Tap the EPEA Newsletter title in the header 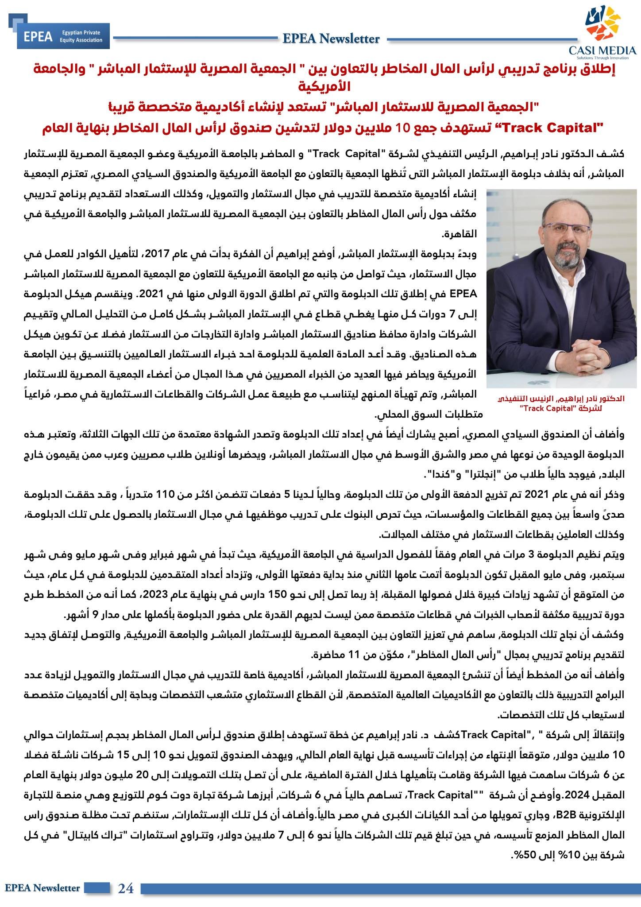click(x=331, y=39)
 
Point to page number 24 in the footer click(x=126, y=888)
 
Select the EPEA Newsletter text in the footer click(x=42, y=888)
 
